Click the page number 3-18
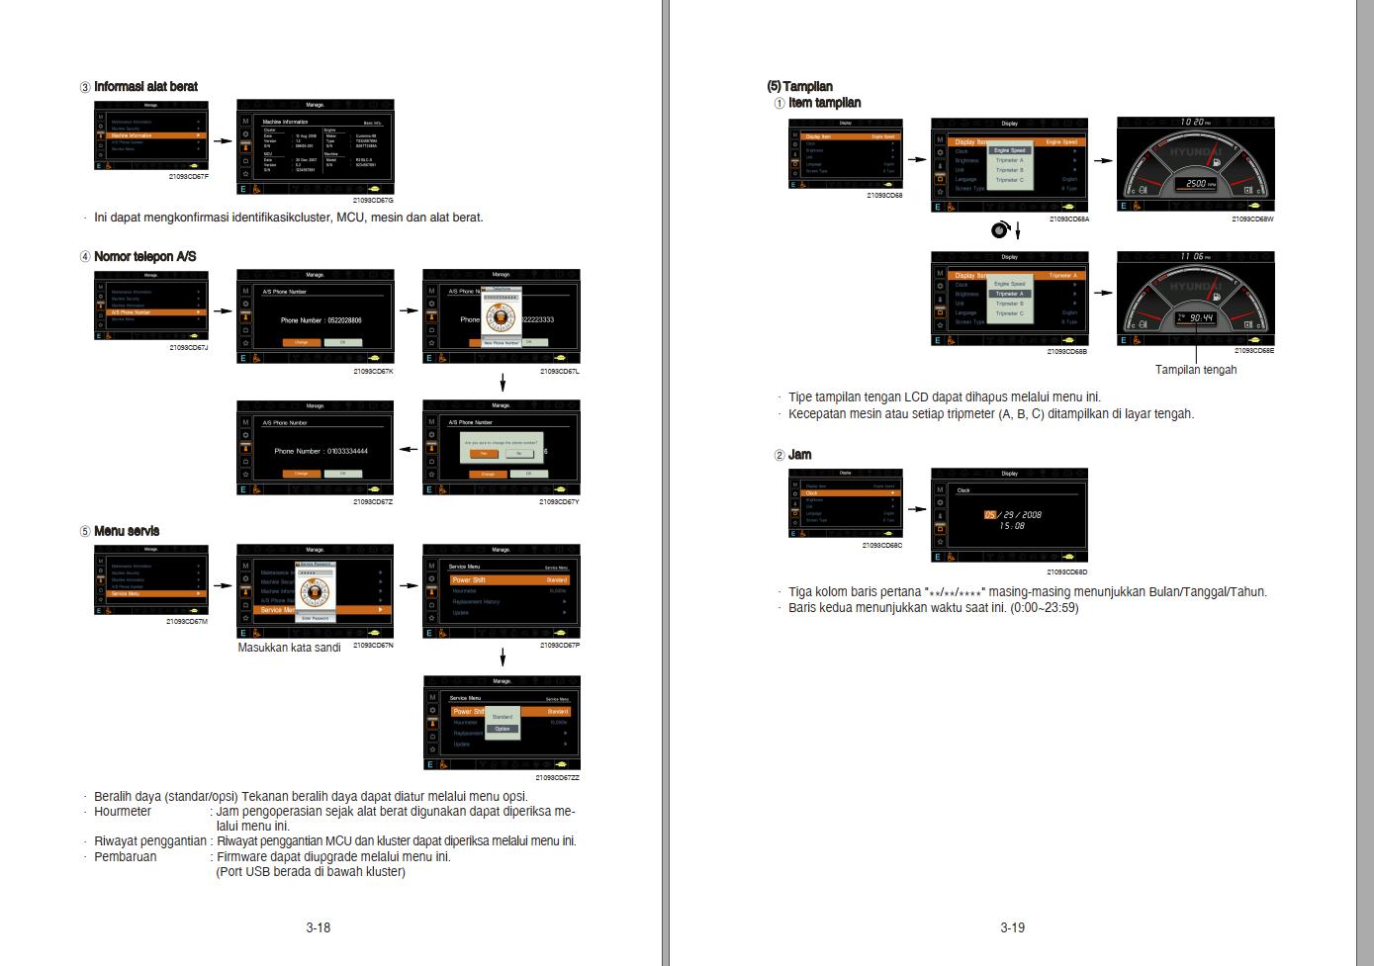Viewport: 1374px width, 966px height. tap(318, 927)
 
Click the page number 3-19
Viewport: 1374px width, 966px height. tap(1012, 927)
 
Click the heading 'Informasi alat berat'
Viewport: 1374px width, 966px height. tap(144, 87)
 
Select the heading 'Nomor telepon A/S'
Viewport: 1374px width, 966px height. tap(144, 257)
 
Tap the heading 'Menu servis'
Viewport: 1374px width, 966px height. tap(126, 531)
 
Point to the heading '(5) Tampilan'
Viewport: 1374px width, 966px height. tap(800, 87)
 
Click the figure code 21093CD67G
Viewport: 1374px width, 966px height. tap(373, 201)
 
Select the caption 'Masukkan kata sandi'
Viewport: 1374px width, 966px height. tap(289, 648)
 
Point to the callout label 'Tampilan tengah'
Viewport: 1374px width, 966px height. tap(1196, 370)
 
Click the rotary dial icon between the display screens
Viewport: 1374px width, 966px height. tap(999, 230)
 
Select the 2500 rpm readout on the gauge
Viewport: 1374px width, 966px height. tap(1195, 184)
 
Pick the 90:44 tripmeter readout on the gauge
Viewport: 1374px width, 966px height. tap(1201, 317)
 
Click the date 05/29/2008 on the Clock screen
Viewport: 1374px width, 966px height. tap(1012, 514)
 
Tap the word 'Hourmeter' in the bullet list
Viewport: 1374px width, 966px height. tap(123, 812)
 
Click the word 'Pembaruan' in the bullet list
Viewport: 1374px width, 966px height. tap(125, 856)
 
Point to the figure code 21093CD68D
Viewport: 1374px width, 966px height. tap(1066, 572)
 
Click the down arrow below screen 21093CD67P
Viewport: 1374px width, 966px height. tap(503, 658)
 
